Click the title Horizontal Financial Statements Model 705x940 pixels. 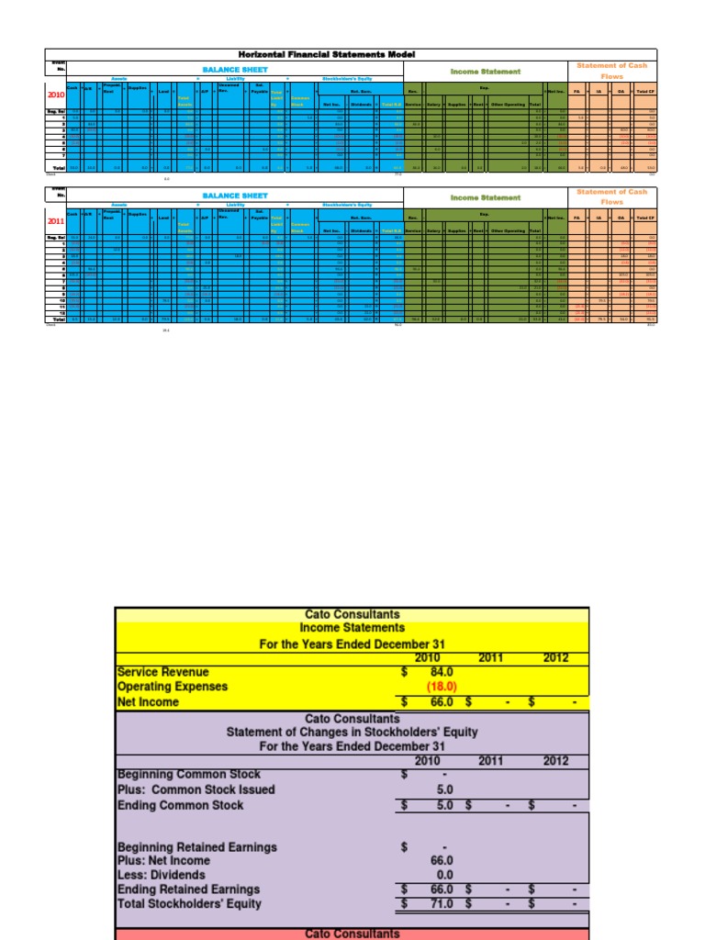tap(352, 55)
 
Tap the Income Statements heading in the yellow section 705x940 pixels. tap(352, 628)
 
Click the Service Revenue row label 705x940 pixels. tap(163, 672)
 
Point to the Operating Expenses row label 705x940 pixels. tap(173, 687)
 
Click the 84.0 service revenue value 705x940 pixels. tap(442, 672)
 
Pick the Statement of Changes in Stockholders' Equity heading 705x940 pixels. tap(352, 732)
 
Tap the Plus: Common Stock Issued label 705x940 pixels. tap(196, 789)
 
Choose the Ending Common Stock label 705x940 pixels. tap(181, 805)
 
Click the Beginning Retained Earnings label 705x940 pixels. tap(197, 846)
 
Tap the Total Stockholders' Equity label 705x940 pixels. tap(189, 903)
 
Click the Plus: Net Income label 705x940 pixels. tap(163, 861)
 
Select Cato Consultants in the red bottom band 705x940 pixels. tap(352, 934)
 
